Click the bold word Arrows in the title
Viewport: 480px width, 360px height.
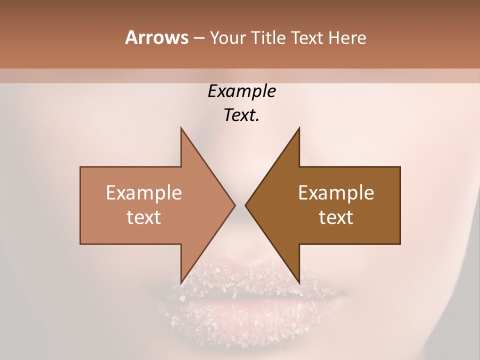pos(156,37)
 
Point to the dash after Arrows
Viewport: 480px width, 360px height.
pos(198,38)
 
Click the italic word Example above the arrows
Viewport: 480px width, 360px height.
pos(242,91)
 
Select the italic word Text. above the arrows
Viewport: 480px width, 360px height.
pos(242,115)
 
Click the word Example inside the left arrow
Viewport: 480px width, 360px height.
pos(144,193)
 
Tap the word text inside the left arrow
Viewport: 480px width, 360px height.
pos(144,217)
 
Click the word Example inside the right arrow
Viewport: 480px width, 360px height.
pos(336,193)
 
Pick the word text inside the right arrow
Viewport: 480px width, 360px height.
pos(336,217)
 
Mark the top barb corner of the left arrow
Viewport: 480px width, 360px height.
pos(181,128)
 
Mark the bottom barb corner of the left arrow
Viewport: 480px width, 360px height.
pos(181,282)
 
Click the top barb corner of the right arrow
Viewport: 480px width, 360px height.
pos(299,128)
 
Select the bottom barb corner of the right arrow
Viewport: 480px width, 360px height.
pos(299,282)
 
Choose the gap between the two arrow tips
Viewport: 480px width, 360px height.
pos(240,205)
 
